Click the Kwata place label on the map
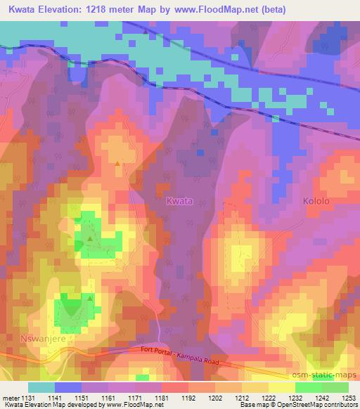[179, 201]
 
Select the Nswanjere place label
[24, 337]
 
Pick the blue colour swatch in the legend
[68, 387]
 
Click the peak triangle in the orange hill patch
[117, 163]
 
